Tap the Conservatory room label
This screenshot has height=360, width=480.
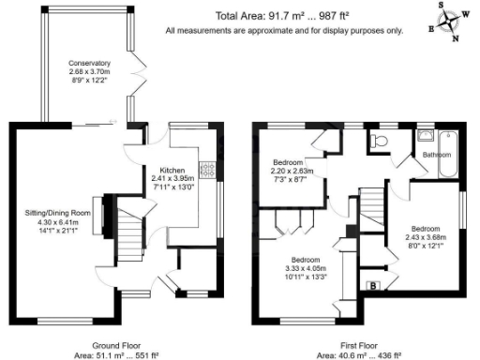pos(88,64)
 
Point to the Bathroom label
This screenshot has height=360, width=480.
pos(437,154)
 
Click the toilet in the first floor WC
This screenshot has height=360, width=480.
pos(379,141)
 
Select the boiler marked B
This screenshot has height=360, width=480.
pos(373,284)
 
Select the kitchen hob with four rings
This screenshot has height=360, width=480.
pos(212,171)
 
